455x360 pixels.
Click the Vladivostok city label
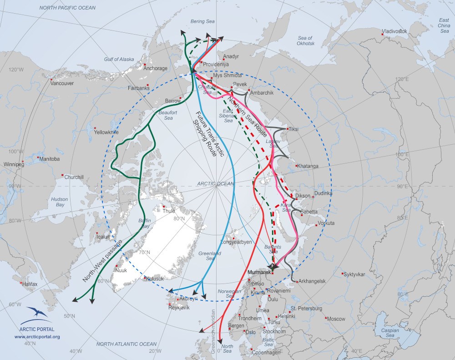click(394, 31)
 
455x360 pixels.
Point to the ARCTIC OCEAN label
click(215, 184)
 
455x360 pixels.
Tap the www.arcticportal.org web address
click(37, 337)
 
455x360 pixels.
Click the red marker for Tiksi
click(287, 128)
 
